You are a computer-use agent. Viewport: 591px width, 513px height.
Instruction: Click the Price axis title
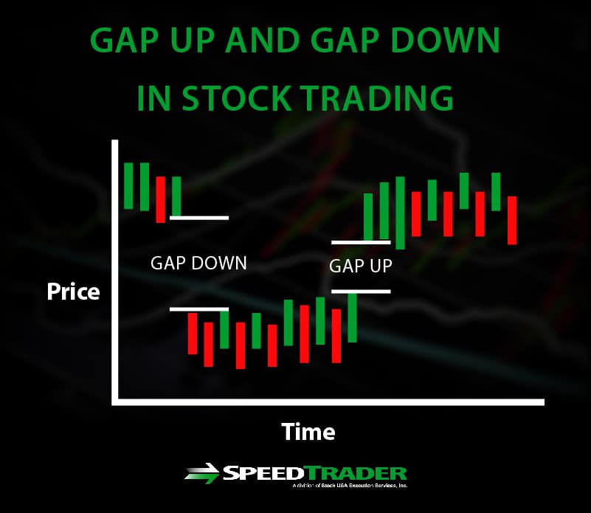click(73, 292)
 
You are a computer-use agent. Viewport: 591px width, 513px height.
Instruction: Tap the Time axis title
click(308, 431)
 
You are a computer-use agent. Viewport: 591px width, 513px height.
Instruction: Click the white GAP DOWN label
click(198, 263)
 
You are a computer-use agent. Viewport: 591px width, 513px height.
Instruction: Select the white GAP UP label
click(360, 266)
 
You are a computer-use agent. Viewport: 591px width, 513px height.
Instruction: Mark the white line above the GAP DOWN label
click(199, 218)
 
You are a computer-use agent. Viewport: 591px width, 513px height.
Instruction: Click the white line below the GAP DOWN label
click(199, 309)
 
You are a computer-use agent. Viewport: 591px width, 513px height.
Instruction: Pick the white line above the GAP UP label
click(361, 241)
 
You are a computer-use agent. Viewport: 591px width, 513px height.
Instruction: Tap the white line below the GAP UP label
click(361, 291)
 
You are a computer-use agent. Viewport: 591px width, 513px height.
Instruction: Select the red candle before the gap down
click(161, 199)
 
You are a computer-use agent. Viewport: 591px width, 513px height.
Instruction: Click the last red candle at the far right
click(512, 220)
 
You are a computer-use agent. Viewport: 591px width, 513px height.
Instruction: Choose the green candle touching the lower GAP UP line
click(352, 317)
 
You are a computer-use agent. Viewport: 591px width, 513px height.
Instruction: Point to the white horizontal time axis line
click(328, 402)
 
